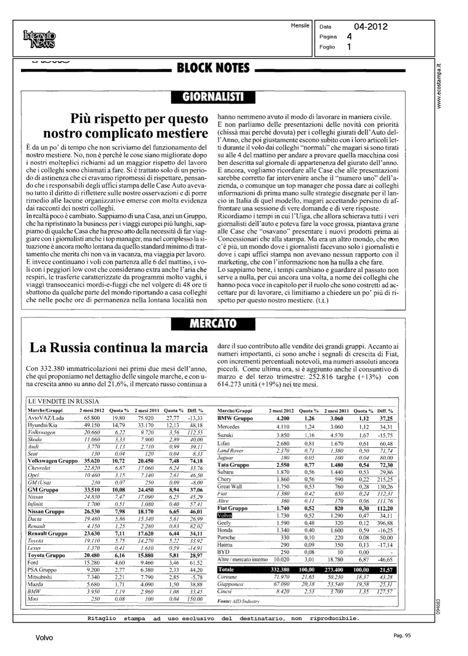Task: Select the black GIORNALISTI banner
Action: [213, 97]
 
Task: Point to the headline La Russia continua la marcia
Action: [118, 348]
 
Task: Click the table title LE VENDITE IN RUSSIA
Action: [63, 401]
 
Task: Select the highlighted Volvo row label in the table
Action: [225, 516]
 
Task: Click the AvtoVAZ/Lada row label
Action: [46, 418]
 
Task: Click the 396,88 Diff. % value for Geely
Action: [384, 523]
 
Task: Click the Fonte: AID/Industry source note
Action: [238, 601]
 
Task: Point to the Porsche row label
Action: [226, 537]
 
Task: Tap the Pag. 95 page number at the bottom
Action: [402, 636]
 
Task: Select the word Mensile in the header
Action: [300, 26]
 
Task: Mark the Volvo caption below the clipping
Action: [44, 638]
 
